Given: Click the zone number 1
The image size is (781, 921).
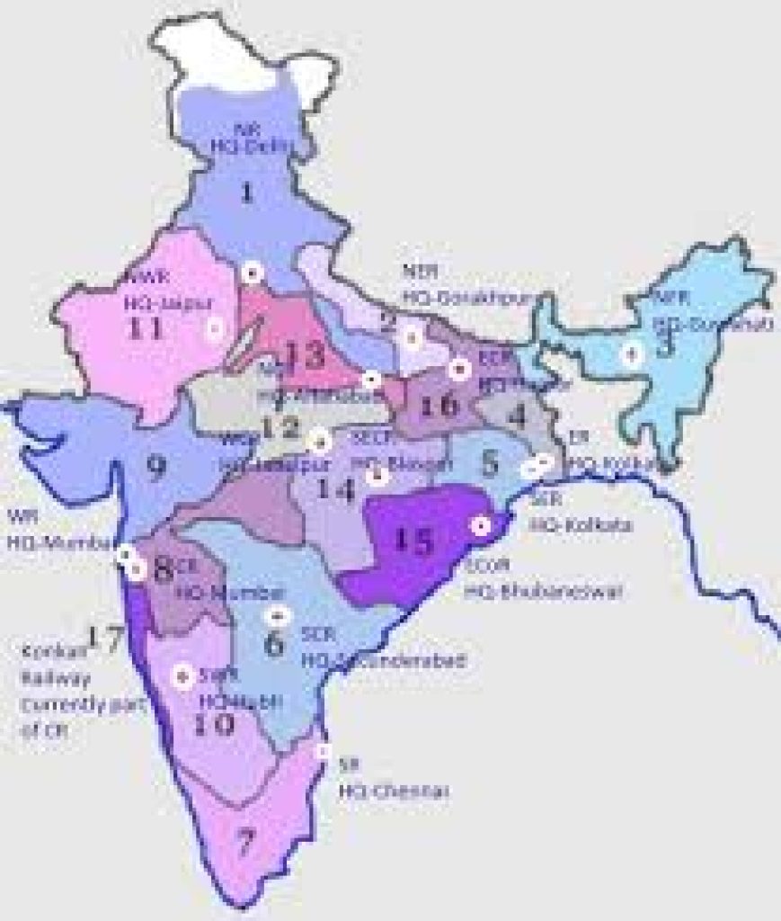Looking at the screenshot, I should coord(247,192).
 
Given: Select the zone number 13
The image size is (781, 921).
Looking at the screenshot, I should coord(306,356).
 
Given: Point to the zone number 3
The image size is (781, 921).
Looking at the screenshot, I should coord(665,345).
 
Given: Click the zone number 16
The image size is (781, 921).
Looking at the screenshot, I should coord(439,405).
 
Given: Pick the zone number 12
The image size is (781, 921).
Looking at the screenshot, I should coord(280,427).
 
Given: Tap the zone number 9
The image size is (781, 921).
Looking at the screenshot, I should coord(156,465).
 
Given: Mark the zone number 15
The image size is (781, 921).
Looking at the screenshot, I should coord(415,541).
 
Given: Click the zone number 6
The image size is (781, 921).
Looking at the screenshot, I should coord(275,644).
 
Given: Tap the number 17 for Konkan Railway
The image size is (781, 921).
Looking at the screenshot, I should coord(95,639).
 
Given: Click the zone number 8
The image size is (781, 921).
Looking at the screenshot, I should coord(163,570).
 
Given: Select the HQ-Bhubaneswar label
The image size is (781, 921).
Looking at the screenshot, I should coord(530,592).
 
